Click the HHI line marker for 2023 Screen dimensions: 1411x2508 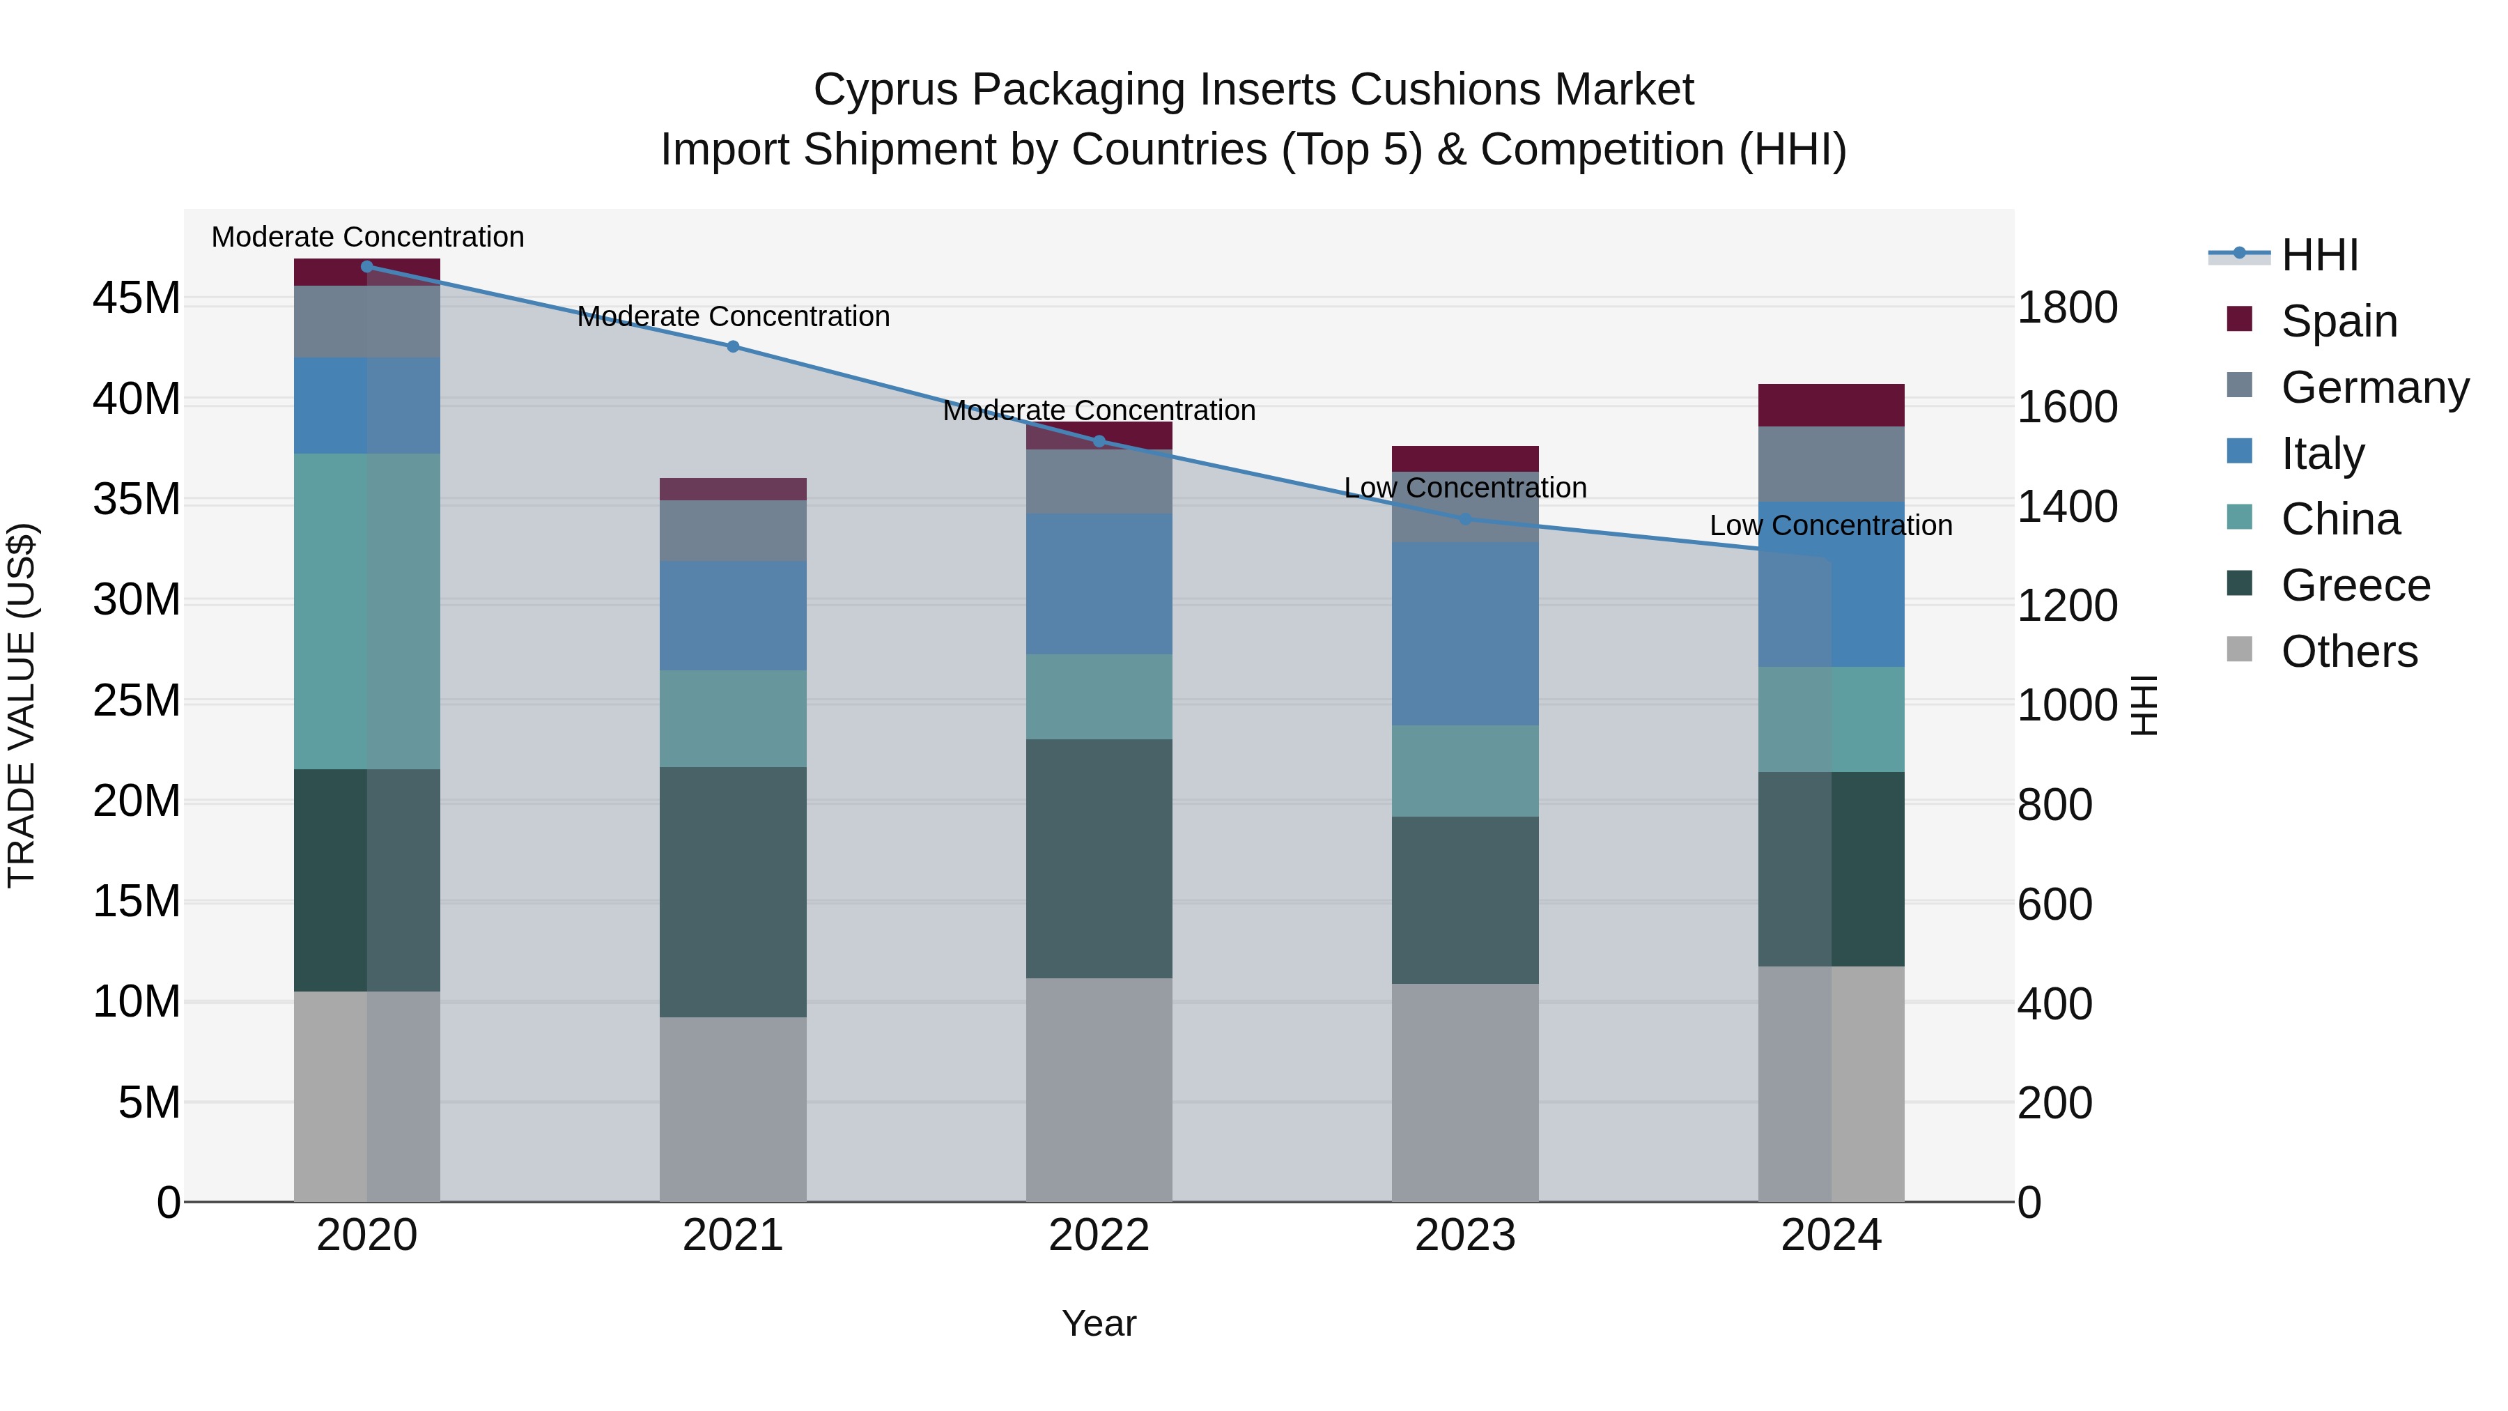[1465, 519]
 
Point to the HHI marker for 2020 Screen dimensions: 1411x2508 [367, 267]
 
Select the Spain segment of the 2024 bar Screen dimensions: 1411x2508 [1830, 405]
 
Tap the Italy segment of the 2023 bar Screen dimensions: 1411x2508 [1465, 633]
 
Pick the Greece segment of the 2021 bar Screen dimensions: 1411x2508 [733, 891]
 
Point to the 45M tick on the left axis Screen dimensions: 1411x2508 [137, 298]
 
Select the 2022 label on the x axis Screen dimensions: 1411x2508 [1099, 1235]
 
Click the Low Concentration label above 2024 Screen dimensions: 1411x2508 [1830, 526]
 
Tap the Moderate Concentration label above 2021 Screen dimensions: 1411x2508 [733, 316]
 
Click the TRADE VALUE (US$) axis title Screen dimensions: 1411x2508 [22, 705]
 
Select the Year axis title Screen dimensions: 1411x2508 [1099, 1323]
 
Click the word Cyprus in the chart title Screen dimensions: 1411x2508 [886, 90]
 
